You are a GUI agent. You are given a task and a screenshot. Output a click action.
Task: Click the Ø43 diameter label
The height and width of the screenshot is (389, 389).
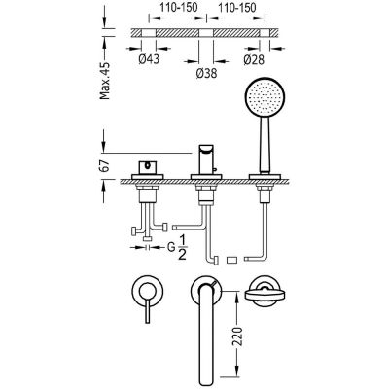click(x=149, y=59)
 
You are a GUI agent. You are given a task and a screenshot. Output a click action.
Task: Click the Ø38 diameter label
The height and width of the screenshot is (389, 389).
click(x=206, y=74)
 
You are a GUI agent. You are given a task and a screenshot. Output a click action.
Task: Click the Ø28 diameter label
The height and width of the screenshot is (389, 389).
click(x=254, y=59)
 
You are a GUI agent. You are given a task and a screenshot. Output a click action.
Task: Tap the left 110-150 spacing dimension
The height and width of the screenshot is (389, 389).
click(x=178, y=8)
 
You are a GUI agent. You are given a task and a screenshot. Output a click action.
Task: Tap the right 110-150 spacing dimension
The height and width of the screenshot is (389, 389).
click(x=236, y=8)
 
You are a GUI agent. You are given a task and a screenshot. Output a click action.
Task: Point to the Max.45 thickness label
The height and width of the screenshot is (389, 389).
click(x=105, y=81)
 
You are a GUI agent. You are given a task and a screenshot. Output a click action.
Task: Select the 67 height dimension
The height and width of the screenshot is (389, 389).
click(x=106, y=166)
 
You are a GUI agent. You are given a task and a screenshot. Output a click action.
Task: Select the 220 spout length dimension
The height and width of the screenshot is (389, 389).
click(x=237, y=336)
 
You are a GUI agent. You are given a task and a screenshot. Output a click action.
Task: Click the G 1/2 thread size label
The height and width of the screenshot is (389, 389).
click(x=177, y=248)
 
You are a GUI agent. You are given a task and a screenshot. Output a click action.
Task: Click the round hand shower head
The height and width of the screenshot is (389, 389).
click(x=264, y=97)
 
